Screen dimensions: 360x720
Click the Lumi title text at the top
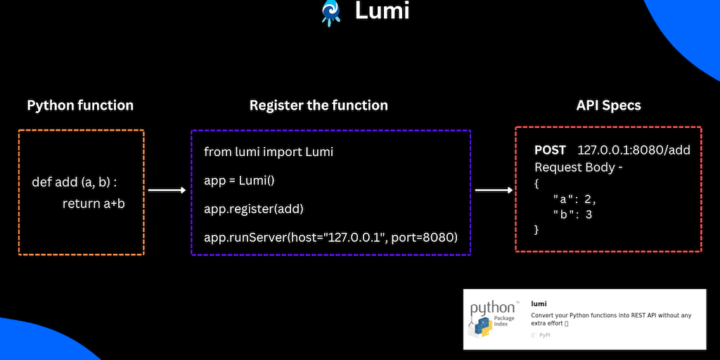coord(382,11)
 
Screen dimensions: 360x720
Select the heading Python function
coord(80,105)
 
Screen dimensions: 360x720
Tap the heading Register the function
coord(319,105)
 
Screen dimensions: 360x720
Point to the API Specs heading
coord(608,105)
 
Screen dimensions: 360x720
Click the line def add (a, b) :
coord(75,182)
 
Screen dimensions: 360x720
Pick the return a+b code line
coord(94,204)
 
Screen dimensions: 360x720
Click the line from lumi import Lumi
coord(269,152)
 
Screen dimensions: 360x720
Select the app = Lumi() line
coord(239,180)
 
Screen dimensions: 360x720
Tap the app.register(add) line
coord(254,209)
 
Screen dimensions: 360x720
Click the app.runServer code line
coord(330,238)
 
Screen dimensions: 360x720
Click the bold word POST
coord(550,150)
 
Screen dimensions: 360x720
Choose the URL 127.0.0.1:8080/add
coord(634,150)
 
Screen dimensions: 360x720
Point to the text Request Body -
coord(579,167)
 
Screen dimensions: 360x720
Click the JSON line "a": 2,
coord(574,199)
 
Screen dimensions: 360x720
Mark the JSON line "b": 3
coord(572,214)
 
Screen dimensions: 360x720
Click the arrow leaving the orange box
coord(166,190)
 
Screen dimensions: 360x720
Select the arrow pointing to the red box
coord(493,190)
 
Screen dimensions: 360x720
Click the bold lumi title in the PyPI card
coord(539,304)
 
